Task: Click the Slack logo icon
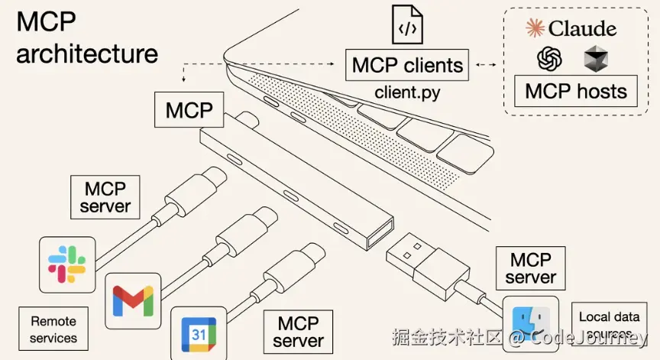click(x=67, y=265)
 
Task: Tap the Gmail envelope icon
click(x=133, y=300)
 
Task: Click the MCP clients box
click(x=407, y=65)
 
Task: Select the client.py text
click(x=408, y=92)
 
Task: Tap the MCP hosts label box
click(x=576, y=92)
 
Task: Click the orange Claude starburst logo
click(x=535, y=28)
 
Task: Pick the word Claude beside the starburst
click(x=582, y=29)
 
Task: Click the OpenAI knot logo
click(x=550, y=59)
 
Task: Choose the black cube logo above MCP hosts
click(x=595, y=58)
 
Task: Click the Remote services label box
click(x=53, y=329)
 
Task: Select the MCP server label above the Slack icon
click(x=105, y=197)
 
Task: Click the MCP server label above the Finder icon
click(x=530, y=268)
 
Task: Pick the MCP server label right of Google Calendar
click(x=298, y=332)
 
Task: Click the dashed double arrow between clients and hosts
click(x=485, y=66)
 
